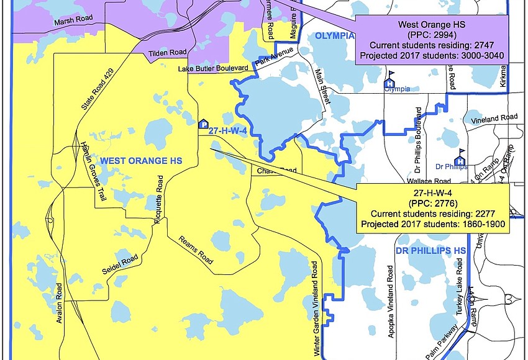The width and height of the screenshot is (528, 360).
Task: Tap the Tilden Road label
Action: [x=166, y=54]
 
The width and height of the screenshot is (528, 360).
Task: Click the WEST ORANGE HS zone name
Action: [x=134, y=161]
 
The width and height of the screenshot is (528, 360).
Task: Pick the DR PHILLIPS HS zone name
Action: [x=430, y=250]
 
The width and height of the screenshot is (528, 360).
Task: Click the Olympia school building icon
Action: [x=390, y=81]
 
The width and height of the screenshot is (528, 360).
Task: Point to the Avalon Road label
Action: [x=60, y=304]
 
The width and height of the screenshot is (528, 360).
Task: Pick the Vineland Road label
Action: [x=494, y=117]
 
